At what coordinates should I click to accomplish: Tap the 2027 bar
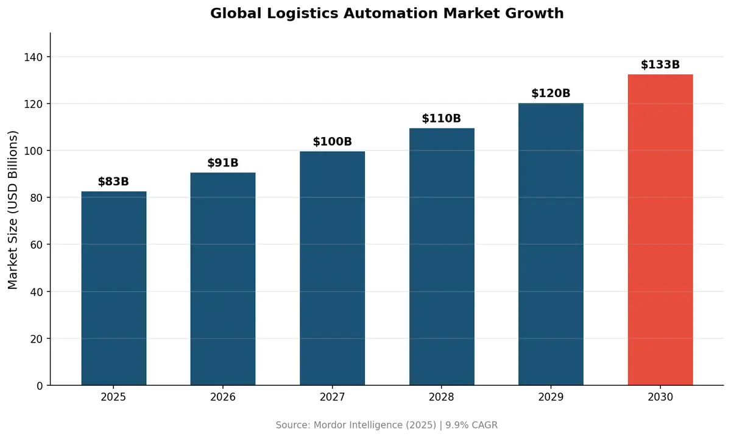[x=332, y=268]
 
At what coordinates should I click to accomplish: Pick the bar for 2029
[x=551, y=244]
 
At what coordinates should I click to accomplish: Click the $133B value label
[x=660, y=65]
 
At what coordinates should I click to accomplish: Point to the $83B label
[x=114, y=182]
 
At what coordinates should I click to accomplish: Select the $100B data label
[x=332, y=142]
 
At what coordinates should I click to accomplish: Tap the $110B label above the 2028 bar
[x=442, y=118]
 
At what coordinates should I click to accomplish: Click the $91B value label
[x=223, y=163]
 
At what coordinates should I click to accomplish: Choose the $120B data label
[x=551, y=93]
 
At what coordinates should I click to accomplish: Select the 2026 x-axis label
[x=223, y=397]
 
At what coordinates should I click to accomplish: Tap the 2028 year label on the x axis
[x=442, y=397]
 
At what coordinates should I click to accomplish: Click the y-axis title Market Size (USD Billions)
[x=13, y=210]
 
